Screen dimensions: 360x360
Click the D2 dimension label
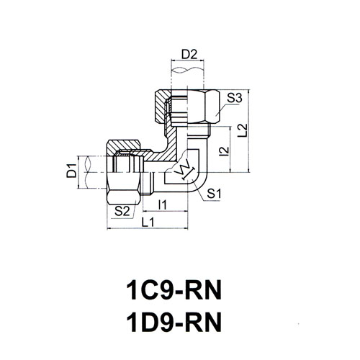[189, 55]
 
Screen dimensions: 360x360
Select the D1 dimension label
[71, 170]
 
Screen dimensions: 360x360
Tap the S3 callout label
[235, 98]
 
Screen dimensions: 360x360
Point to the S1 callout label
[214, 194]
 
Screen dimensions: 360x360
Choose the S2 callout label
[122, 212]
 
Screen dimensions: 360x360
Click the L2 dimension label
[243, 131]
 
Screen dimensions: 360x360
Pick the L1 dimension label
[148, 222]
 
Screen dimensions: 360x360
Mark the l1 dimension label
[163, 204]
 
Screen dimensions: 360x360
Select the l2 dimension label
[225, 151]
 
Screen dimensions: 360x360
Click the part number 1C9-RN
[174, 291]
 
